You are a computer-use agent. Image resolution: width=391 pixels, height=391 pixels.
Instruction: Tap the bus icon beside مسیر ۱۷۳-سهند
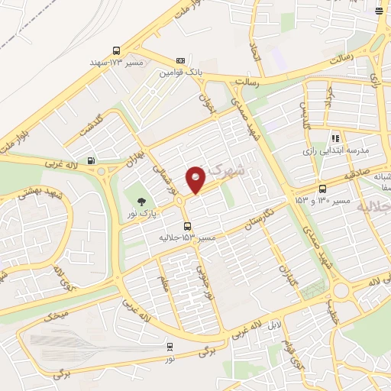tap(116, 47)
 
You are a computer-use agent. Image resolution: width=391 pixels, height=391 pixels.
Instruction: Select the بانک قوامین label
tap(180, 73)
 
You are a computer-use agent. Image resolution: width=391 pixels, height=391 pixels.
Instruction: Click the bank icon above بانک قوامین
tap(180, 60)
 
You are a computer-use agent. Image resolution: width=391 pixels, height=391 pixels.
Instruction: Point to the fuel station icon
tap(92, 160)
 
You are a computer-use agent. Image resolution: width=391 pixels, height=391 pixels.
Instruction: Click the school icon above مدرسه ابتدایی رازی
tap(334, 138)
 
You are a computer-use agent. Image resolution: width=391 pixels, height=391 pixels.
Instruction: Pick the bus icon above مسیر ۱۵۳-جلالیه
tap(187, 225)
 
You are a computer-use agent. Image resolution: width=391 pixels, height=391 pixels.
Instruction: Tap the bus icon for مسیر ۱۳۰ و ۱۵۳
tap(322, 189)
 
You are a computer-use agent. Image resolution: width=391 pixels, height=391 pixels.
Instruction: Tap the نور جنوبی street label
tap(201, 279)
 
